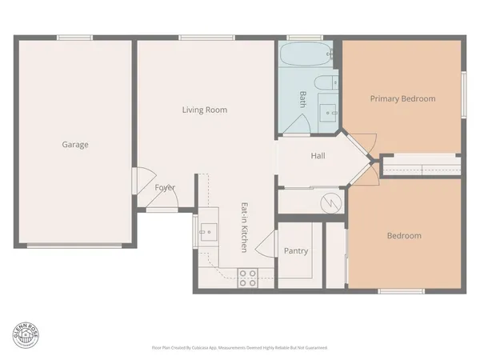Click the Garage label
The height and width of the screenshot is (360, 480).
(x=75, y=145)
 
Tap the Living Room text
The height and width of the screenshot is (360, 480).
(x=205, y=110)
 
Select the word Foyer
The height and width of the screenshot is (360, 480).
(x=165, y=188)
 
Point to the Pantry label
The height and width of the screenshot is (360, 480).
(x=296, y=251)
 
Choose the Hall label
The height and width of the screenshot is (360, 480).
(x=318, y=156)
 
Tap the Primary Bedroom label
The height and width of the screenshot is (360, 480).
(x=402, y=99)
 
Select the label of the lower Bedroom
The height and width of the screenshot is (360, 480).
(x=404, y=236)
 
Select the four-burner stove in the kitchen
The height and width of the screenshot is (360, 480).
(x=248, y=278)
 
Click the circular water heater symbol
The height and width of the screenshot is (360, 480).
(x=330, y=203)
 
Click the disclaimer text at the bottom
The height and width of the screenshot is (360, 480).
(x=239, y=348)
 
